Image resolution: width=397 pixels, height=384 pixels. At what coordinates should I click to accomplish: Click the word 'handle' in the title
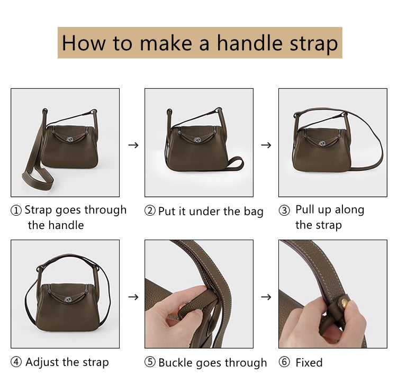pyautogui.click(x=249, y=43)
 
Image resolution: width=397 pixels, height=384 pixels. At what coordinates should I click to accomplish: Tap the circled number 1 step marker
pyautogui.click(x=16, y=211)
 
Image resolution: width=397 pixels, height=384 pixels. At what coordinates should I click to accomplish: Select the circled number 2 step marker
pyautogui.click(x=150, y=211)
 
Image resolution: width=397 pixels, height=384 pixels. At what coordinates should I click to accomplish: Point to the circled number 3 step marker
pyautogui.click(x=284, y=211)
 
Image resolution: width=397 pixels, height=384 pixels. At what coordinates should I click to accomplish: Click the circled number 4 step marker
pyautogui.click(x=16, y=362)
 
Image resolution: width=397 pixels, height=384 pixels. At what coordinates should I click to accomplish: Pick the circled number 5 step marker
pyautogui.click(x=150, y=362)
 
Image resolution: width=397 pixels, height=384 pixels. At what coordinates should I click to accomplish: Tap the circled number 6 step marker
pyautogui.click(x=284, y=362)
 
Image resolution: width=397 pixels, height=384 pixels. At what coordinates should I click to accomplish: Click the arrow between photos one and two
pyautogui.click(x=133, y=145)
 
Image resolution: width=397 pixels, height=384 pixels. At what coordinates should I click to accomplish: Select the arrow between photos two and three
pyautogui.click(x=266, y=145)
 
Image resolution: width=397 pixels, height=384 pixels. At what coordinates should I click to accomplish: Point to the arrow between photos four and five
pyautogui.click(x=133, y=297)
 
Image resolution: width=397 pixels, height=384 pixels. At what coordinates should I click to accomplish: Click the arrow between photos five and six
pyautogui.click(x=266, y=297)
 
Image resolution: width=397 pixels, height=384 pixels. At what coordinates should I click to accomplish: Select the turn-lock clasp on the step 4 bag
pyautogui.click(x=68, y=299)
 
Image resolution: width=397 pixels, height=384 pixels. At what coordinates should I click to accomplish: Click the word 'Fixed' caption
pyautogui.click(x=309, y=362)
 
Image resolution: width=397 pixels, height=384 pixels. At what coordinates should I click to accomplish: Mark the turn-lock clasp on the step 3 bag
pyautogui.click(x=322, y=143)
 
